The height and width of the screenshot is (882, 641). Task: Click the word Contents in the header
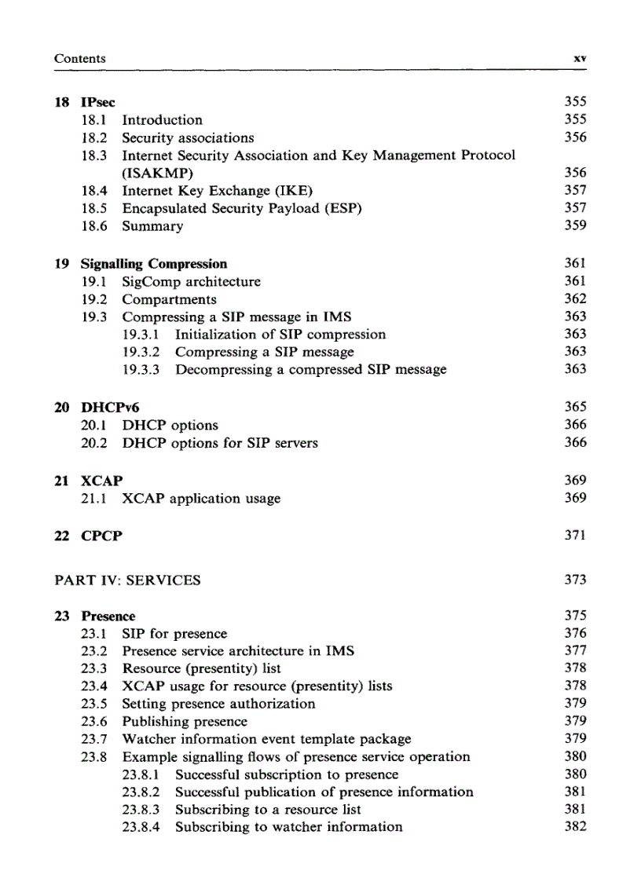[x=79, y=59]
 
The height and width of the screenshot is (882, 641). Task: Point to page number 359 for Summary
[x=575, y=225]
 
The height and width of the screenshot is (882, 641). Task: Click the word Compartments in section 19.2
[x=169, y=299]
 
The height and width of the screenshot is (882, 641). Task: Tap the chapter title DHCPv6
[x=110, y=408]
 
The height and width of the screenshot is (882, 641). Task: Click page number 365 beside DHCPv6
[x=575, y=407]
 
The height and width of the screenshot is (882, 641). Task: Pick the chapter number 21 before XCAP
[x=61, y=481]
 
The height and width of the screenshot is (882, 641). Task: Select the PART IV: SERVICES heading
[x=127, y=580]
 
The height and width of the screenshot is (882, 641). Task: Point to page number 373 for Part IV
[x=575, y=580]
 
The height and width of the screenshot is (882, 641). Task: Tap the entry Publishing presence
[x=185, y=721]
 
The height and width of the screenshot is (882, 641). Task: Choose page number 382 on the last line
[x=575, y=826]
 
